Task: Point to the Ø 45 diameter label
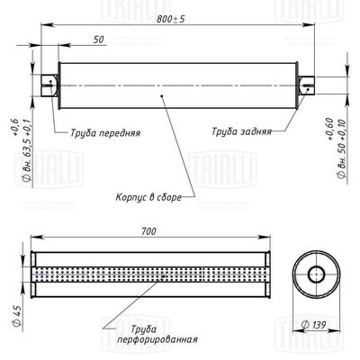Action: [x=16, y=315]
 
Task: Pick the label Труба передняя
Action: [x=105, y=130]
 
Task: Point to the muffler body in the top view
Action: [x=180, y=86]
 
